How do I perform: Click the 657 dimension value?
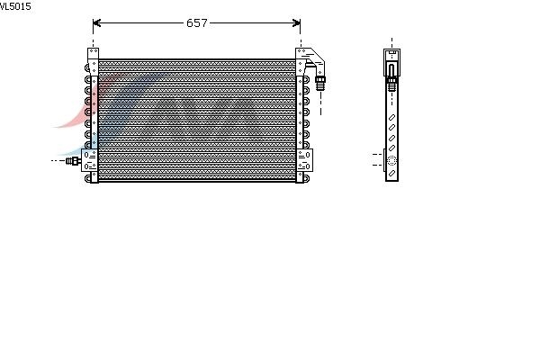tap(196, 22)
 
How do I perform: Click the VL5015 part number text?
tap(15, 6)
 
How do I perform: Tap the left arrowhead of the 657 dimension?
tap(96, 22)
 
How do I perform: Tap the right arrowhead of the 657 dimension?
tap(296, 22)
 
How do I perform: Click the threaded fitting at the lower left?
tap(74, 160)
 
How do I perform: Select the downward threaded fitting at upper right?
tap(320, 84)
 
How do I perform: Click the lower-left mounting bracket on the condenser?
tap(89, 160)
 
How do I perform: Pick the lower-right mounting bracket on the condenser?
tap(304, 160)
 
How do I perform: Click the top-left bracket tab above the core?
tap(93, 54)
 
